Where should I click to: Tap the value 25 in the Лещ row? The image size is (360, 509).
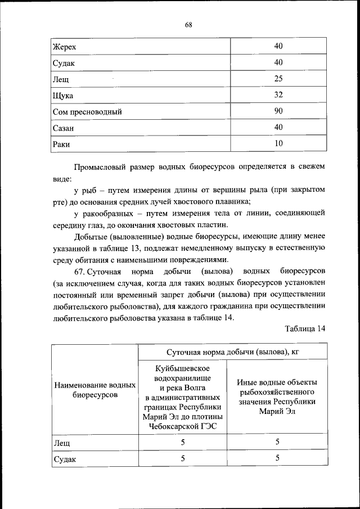pyautogui.click(x=278, y=79)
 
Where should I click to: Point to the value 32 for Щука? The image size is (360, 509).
pyautogui.click(x=278, y=95)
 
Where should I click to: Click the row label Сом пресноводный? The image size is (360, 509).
pyautogui.click(x=87, y=112)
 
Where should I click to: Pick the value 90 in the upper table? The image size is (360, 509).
pyautogui.click(x=278, y=111)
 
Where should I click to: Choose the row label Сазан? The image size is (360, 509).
pyautogui.click(x=64, y=128)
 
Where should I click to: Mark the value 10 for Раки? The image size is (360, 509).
pyautogui.click(x=278, y=144)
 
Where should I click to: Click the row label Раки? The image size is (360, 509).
pyautogui.click(x=61, y=145)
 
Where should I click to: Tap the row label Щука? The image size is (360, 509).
pyautogui.click(x=63, y=96)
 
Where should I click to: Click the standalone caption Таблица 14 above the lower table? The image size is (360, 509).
pyautogui.click(x=305, y=329)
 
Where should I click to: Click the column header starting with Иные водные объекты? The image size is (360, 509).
pyautogui.click(x=277, y=397)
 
